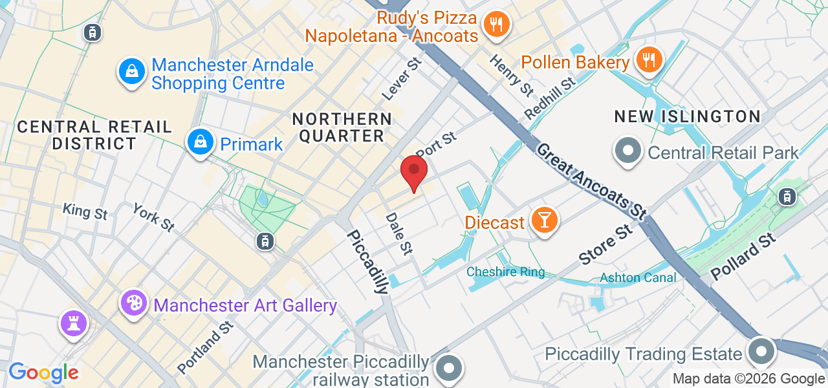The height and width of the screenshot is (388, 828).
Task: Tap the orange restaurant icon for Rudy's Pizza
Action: coord(496,25)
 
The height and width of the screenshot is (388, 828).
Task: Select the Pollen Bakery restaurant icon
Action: coord(648,60)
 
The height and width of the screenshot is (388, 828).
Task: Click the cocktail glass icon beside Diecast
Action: coord(544,221)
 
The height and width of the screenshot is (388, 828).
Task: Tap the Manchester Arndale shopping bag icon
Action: coord(132,71)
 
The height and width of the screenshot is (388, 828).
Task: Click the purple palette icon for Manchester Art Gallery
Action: coord(135,303)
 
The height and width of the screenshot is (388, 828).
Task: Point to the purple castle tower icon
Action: coord(73,323)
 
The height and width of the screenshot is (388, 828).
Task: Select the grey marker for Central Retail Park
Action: coord(627,151)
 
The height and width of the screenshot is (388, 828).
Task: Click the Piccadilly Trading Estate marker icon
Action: coord(761,352)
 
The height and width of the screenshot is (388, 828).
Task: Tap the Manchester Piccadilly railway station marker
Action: coord(448,369)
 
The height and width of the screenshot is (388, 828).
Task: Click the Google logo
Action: coord(43,372)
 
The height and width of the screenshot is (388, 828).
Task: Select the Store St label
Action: coord(605,244)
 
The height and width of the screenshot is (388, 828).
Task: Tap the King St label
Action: coord(85,211)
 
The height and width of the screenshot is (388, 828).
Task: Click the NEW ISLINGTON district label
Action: coord(687,116)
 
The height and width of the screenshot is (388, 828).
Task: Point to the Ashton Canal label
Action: coord(638,277)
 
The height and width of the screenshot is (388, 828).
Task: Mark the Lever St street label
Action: coord(402,78)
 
